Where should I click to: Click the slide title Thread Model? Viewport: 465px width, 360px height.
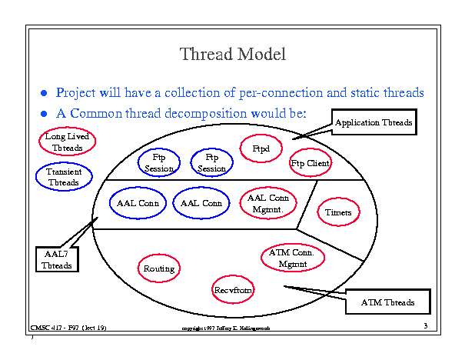click(x=232, y=55)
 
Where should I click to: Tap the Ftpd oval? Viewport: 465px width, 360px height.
click(x=261, y=148)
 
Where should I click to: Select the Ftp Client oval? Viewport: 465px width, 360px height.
click(x=310, y=164)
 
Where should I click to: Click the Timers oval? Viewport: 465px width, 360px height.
click(x=338, y=212)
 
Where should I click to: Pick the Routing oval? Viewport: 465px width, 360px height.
click(x=159, y=268)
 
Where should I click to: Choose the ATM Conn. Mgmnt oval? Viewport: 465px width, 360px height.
click(x=293, y=258)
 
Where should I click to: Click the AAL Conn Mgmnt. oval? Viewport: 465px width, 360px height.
click(x=268, y=203)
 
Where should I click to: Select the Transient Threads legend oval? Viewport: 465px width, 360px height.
click(x=63, y=178)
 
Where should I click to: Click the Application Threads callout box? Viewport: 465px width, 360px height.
click(x=374, y=123)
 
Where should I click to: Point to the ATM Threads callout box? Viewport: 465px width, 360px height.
click(x=388, y=303)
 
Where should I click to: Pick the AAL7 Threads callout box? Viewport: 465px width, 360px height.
click(x=56, y=259)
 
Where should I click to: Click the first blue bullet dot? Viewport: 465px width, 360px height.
click(x=45, y=94)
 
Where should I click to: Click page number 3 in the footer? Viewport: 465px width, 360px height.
click(x=425, y=327)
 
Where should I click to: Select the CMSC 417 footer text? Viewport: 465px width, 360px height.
click(x=68, y=328)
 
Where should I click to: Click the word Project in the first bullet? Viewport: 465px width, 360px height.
click(x=78, y=93)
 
